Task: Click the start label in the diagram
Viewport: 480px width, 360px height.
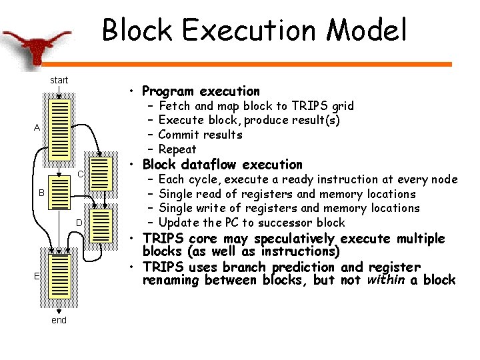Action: pos(59,81)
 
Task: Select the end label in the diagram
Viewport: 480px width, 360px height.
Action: pos(59,321)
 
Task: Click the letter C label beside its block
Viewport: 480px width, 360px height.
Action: pos(79,175)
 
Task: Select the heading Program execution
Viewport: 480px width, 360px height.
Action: pos(201,91)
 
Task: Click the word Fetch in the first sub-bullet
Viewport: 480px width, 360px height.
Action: pos(175,106)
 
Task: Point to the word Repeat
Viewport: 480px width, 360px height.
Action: pos(177,149)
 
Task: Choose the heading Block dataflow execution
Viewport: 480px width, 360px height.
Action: pos(222,165)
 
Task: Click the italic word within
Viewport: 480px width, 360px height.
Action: pos(387,280)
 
